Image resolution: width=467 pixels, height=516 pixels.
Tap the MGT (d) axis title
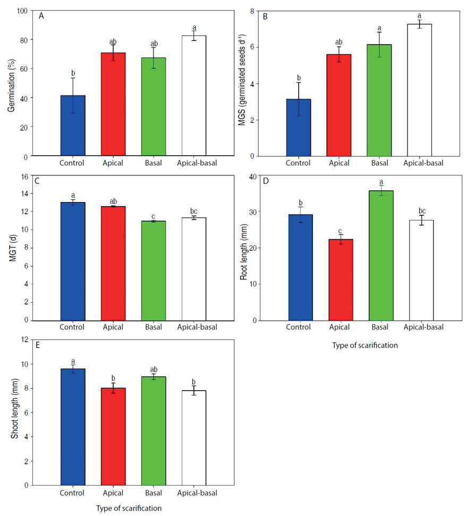point(11,248)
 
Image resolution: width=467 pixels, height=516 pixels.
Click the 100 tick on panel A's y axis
point(22,11)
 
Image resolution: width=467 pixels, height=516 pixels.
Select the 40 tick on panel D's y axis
point(253,176)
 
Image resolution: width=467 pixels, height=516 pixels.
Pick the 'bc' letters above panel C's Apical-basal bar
point(194,212)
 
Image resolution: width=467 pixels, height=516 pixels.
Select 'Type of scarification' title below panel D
point(364,345)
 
